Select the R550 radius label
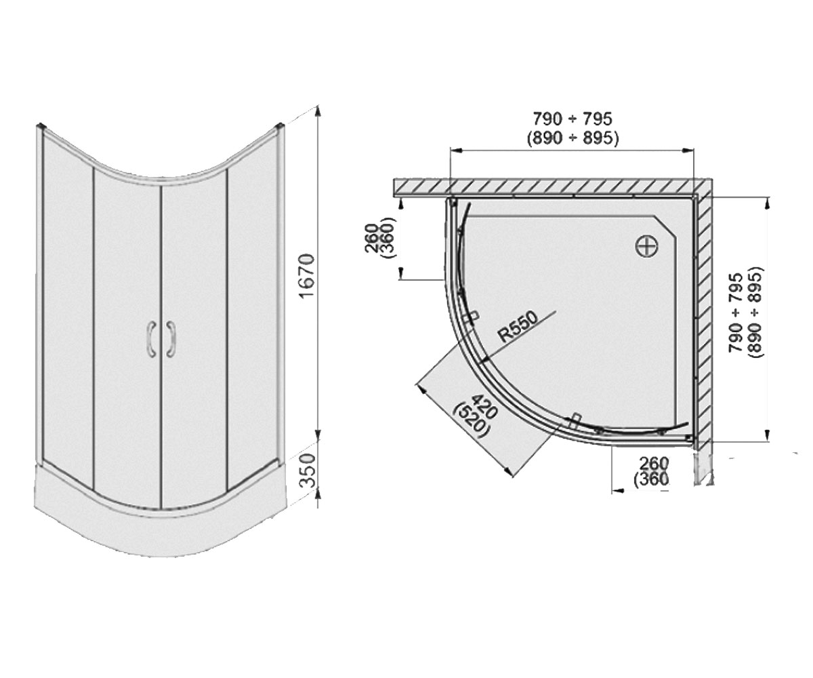coord(519,327)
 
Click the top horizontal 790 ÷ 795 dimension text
coord(572,119)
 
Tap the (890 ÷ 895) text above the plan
coord(572,138)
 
